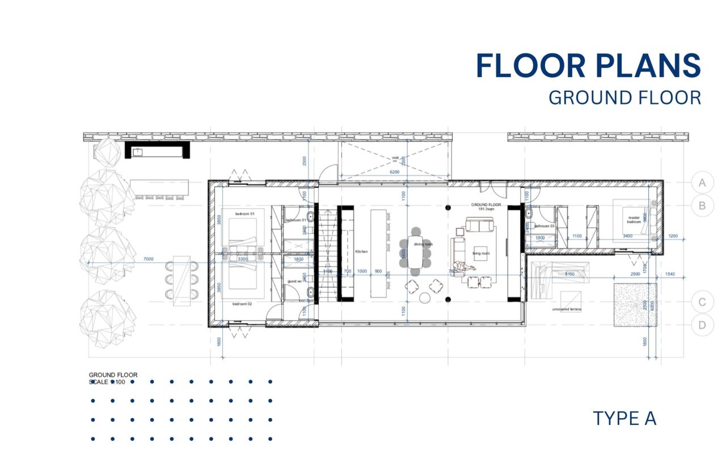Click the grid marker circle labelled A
tap(702, 183)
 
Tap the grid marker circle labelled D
tap(702, 326)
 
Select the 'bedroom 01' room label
tap(245, 213)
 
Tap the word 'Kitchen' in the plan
tap(362, 251)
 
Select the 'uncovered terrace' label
tap(566, 309)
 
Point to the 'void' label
tap(395, 158)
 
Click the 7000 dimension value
tap(149, 259)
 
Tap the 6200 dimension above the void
tap(395, 172)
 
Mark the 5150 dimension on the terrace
tap(570, 274)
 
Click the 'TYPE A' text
tap(624, 419)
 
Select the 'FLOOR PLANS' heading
tap(588, 65)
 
